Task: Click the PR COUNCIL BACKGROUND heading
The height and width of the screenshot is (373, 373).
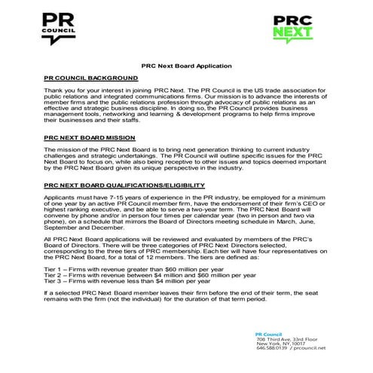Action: [x=90, y=78]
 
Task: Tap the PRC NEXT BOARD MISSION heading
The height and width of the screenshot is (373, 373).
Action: [x=89, y=139]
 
